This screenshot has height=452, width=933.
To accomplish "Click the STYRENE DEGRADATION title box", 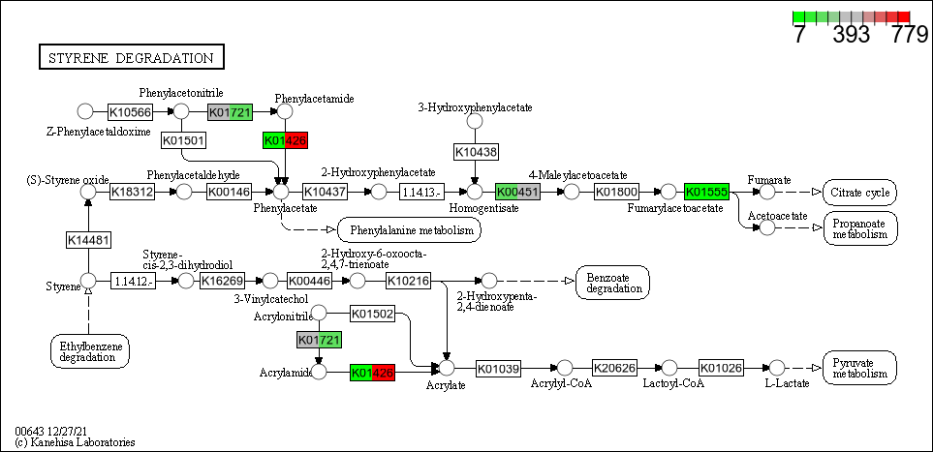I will click(x=131, y=58).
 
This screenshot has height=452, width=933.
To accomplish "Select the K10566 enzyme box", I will click(x=130, y=112).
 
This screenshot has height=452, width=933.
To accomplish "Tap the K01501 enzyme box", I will click(x=184, y=141).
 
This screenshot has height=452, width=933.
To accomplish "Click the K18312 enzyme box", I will click(x=133, y=192).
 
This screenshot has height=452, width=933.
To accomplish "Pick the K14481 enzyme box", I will click(x=89, y=239).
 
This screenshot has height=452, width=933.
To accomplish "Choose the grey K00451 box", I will click(x=516, y=192).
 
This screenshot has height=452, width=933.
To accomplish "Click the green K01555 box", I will click(x=705, y=192).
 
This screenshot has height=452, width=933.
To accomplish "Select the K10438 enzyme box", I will click(x=476, y=152).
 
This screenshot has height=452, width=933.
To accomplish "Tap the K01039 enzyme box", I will click(x=499, y=368).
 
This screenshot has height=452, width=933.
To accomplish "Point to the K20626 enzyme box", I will click(x=614, y=368).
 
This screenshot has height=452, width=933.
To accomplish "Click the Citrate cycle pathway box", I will click(x=859, y=192).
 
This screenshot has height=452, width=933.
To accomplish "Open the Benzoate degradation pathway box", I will click(x=613, y=283).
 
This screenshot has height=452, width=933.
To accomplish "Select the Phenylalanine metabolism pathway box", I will click(x=409, y=229).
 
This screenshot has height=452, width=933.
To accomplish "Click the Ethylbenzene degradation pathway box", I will click(x=90, y=350).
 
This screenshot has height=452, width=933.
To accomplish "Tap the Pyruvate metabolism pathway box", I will click(x=859, y=368).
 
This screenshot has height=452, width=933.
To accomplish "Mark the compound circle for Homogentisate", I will click(x=475, y=192).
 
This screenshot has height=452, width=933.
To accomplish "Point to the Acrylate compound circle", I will click(x=447, y=368).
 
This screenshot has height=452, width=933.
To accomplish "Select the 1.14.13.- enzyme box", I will click(x=421, y=192).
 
